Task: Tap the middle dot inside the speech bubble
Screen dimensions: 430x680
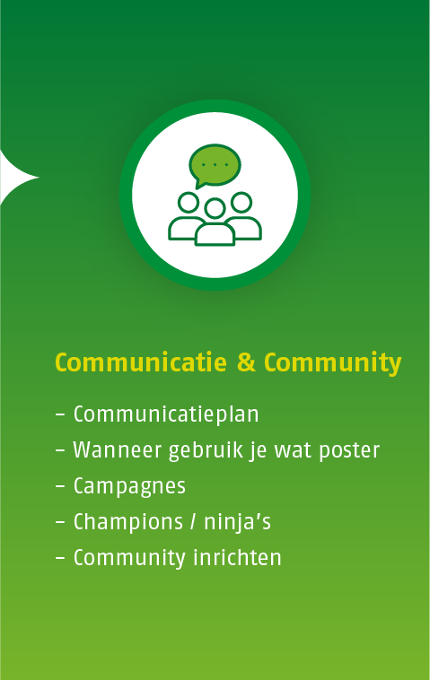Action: [215, 165]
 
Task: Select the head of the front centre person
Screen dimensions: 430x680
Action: [215, 209]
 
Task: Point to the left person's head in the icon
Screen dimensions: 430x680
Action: [189, 203]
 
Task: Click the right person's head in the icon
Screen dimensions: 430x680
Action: [241, 202]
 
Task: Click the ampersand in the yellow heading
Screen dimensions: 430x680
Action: [246, 362]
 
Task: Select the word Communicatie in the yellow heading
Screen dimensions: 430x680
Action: [141, 362]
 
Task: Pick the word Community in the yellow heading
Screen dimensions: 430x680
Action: [332, 363]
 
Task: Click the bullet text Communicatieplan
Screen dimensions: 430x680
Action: [166, 414]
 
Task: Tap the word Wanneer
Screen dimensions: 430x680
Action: [118, 450]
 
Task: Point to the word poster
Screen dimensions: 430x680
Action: [349, 451]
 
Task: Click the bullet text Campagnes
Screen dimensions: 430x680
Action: [129, 486]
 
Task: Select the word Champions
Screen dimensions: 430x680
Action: [128, 522]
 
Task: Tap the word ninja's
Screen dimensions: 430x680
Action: [237, 522]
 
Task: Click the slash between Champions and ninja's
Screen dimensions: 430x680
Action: [193, 522]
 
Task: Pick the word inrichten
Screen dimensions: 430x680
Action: [237, 558]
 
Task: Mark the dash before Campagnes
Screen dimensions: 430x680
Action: [60, 487]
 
